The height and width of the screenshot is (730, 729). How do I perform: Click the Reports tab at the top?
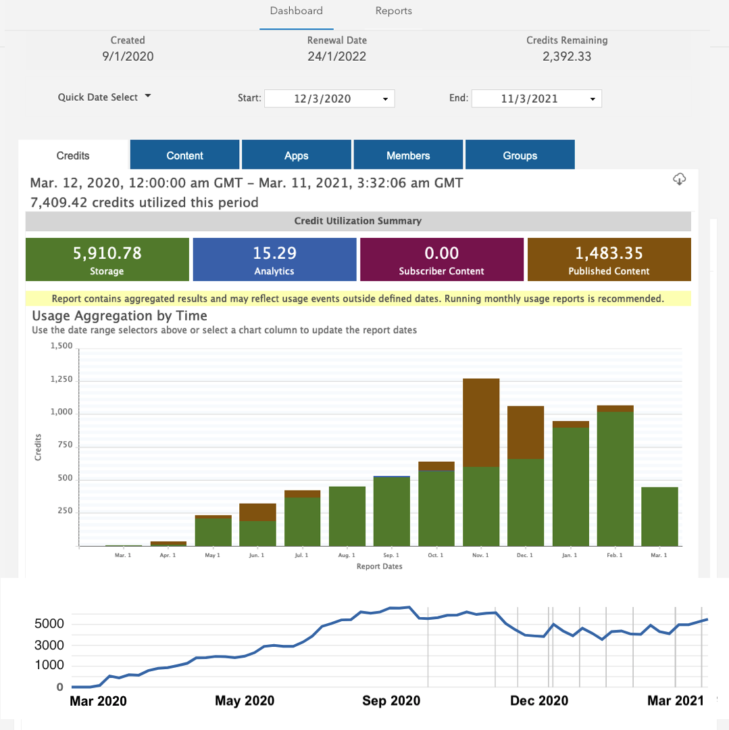point(393,11)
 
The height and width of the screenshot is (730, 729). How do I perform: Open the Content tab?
point(184,155)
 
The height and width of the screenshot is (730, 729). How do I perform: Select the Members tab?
point(408,155)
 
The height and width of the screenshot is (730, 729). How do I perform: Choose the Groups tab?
point(520,155)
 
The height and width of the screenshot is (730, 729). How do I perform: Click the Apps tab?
point(296,155)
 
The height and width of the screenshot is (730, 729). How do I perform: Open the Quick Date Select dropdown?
point(104,97)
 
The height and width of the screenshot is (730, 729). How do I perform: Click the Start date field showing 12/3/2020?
point(329,99)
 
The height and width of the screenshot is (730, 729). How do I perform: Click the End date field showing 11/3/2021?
point(536,99)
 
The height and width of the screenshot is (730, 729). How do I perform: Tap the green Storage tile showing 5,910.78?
point(107,260)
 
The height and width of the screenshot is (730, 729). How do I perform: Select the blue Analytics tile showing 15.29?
point(274,260)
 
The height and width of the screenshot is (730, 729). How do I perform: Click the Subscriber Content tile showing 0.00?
point(441,260)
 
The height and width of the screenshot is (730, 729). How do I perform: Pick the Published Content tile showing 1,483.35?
point(609,260)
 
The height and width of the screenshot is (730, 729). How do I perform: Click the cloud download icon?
point(680,179)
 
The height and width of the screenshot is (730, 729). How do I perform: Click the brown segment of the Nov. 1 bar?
point(480,422)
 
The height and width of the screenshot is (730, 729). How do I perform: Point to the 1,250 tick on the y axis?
point(61,381)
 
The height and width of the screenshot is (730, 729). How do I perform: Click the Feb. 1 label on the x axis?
point(614,555)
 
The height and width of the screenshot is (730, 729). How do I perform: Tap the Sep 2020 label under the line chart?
point(391,701)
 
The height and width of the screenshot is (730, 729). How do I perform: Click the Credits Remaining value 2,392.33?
point(566,57)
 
